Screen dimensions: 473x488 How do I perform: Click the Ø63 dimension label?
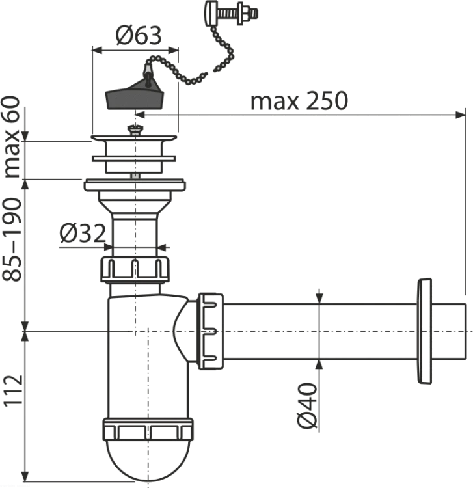click(139, 35)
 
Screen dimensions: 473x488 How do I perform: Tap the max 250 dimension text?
click(299, 101)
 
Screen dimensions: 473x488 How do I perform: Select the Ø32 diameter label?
click(83, 234)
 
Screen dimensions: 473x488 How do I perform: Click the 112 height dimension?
click(13, 390)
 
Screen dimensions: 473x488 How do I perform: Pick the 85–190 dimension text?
click(12, 239)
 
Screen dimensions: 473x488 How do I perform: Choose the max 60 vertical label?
click(12, 137)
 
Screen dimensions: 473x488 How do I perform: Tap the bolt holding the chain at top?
click(231, 12)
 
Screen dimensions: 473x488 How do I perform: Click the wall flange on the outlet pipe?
click(424, 331)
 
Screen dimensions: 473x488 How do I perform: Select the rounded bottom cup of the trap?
click(148, 460)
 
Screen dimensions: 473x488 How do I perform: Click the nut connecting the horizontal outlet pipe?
click(211, 331)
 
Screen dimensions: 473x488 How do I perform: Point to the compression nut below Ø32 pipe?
click(135, 269)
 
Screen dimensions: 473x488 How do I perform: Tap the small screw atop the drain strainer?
click(135, 129)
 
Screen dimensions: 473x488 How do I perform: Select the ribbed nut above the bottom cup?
click(148, 430)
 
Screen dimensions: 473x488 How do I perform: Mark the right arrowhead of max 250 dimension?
click(461, 115)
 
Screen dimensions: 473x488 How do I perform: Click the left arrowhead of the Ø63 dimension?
click(98, 50)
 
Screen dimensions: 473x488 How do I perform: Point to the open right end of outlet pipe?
click(466, 331)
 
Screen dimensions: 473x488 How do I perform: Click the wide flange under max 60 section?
click(135, 185)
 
